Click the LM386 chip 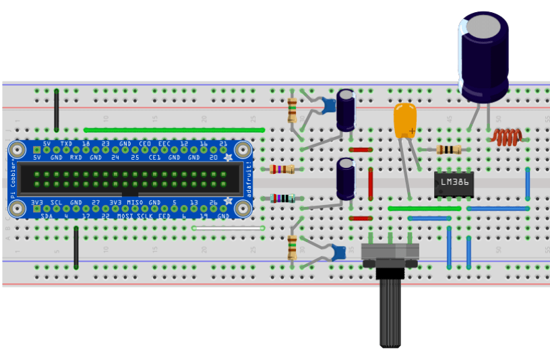[x=454, y=184]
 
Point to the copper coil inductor [x=506, y=138]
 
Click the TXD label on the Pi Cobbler [x=66, y=144]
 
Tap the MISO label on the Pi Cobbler [x=135, y=202]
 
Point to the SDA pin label [x=47, y=216]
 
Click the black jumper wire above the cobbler [x=56, y=109]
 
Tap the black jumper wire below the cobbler [x=75, y=246]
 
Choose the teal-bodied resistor [x=282, y=198]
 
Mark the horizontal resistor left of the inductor [x=448, y=150]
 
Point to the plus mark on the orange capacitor [x=412, y=130]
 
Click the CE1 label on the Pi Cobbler [x=154, y=157]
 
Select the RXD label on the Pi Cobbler [x=76, y=157]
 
